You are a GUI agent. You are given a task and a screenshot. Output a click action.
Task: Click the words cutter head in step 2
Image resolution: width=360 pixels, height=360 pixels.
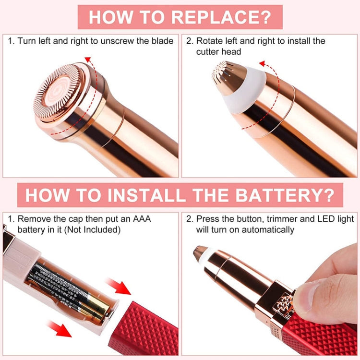(218, 51)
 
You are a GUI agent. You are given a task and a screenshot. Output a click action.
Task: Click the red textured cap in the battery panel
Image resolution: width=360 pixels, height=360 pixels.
(144, 326)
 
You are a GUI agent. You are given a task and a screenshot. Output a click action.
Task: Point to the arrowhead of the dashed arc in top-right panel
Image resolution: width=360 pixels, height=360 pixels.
(262, 63)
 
